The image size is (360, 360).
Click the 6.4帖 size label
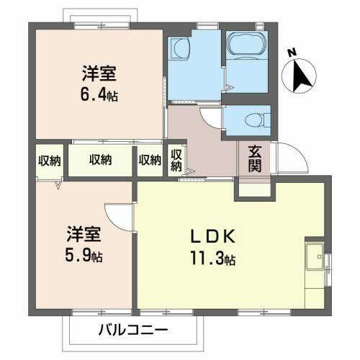(99, 94)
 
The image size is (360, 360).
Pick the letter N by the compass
(291, 53)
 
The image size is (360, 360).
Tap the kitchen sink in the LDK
(315, 257)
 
